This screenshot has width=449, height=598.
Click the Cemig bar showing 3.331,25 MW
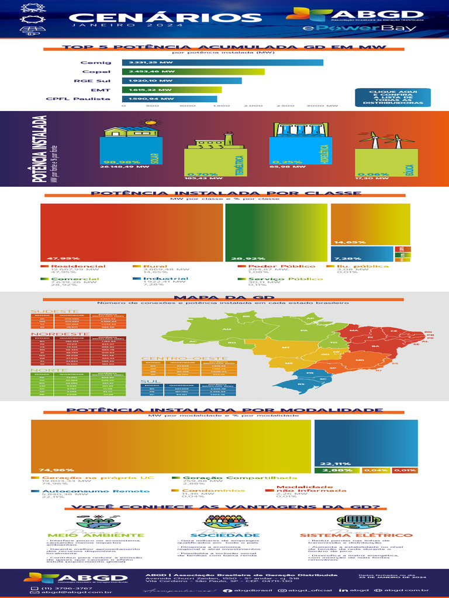(x=222, y=62)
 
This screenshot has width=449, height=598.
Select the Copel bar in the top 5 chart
(x=193, y=72)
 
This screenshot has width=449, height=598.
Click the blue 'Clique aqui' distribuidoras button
(x=392, y=98)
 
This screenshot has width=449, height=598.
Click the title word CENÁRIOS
(x=161, y=18)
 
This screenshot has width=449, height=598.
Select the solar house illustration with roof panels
(x=130, y=131)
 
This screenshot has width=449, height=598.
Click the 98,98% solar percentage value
(x=122, y=162)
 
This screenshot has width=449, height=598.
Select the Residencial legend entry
(x=73, y=266)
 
